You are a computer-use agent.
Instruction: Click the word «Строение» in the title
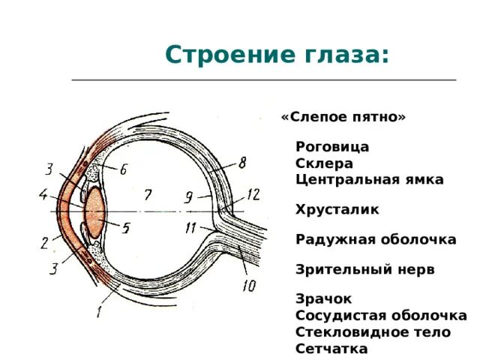pyautogui.click(x=230, y=55)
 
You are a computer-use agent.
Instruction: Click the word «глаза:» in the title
pyautogui.click(x=346, y=55)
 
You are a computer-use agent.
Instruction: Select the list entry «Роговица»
pyautogui.click(x=332, y=147)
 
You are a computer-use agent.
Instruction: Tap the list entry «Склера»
pyautogui.click(x=324, y=163)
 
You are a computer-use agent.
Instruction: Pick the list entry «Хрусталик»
pyautogui.click(x=337, y=210)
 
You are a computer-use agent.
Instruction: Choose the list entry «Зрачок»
pyautogui.click(x=323, y=298)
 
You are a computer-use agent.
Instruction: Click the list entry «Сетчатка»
pyautogui.click(x=331, y=349)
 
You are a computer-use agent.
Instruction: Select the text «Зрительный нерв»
pyautogui.click(x=365, y=269)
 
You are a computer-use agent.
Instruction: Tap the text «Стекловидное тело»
pyautogui.click(x=373, y=331)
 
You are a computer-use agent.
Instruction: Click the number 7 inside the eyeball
pyautogui.click(x=148, y=195)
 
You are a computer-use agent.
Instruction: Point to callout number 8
pyautogui.click(x=242, y=163)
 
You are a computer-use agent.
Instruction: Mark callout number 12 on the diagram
pyautogui.click(x=253, y=194)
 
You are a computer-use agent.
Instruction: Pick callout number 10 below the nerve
pyautogui.click(x=249, y=286)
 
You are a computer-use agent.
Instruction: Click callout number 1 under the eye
pyautogui.click(x=98, y=312)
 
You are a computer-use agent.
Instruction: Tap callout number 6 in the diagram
pyautogui.click(x=123, y=169)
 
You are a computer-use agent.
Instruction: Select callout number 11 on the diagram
pyautogui.click(x=190, y=228)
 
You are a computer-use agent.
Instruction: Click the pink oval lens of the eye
pyautogui.click(x=95, y=213)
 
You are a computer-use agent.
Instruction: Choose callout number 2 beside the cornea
pyautogui.click(x=45, y=243)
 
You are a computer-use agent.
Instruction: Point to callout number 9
pyautogui.click(x=188, y=197)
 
